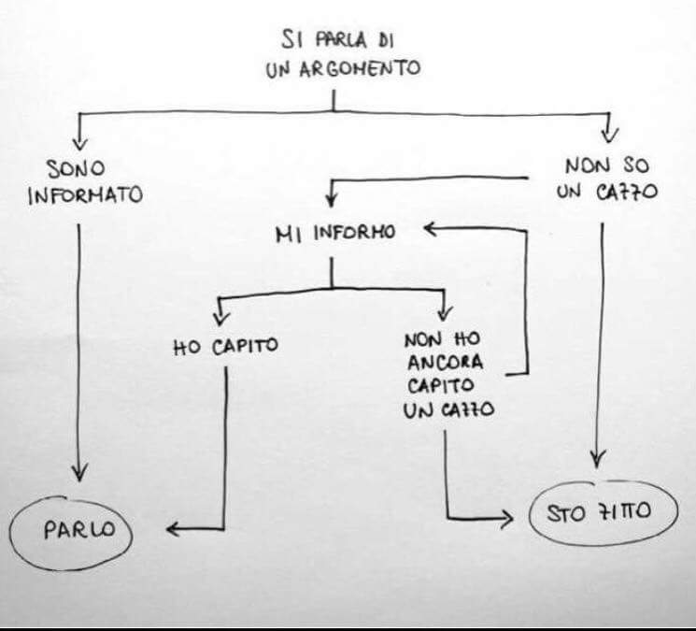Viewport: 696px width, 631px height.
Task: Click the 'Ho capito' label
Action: tap(226, 349)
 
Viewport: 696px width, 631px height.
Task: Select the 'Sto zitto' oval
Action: tap(603, 513)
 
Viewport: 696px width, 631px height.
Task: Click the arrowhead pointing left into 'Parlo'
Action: tap(174, 530)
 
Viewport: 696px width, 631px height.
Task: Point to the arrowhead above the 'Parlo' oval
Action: tap(79, 472)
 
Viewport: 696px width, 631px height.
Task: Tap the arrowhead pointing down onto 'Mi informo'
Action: tap(329, 199)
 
